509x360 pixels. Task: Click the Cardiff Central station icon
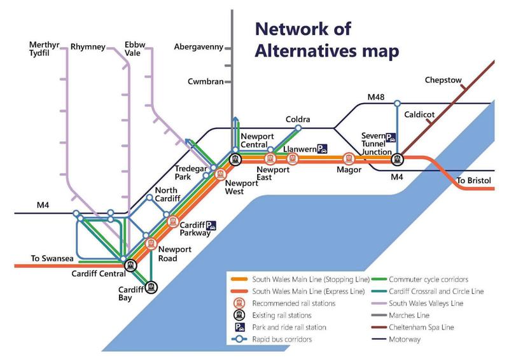tap(130, 265)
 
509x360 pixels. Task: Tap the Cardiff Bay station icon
tap(151, 287)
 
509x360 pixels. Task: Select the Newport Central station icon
tap(235, 160)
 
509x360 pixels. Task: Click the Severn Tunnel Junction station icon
tap(396, 160)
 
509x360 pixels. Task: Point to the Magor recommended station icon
tap(349, 159)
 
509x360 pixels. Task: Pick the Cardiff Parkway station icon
tap(173, 222)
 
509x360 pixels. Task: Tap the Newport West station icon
tap(220, 174)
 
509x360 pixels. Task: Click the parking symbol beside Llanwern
tap(322, 149)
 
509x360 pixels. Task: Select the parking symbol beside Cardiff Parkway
tap(211, 225)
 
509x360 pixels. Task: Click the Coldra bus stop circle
tap(298, 128)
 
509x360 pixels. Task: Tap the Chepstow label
tap(443, 80)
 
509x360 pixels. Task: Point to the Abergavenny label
tap(199, 47)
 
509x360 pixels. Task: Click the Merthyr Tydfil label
tap(44, 49)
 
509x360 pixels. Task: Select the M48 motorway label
tap(376, 97)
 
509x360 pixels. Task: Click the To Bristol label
tap(474, 181)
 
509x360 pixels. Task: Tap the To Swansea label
tap(52, 258)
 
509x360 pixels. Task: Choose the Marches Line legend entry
tap(400, 315)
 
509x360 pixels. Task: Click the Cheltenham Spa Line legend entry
tap(412, 327)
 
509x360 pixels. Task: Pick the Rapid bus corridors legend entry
tap(272, 339)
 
